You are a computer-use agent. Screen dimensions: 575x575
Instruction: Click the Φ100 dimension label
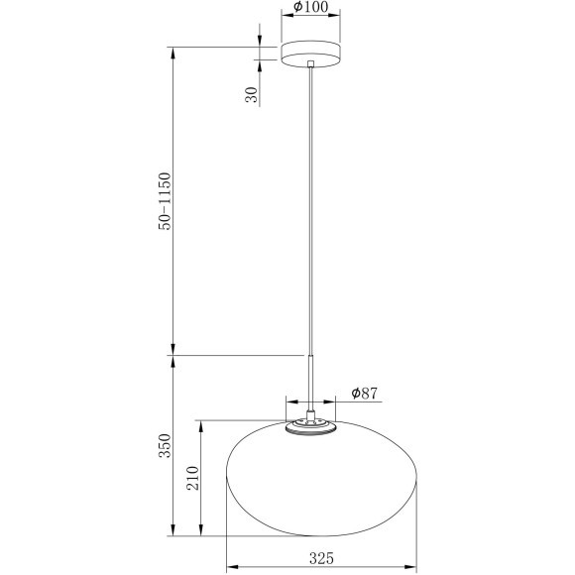311,7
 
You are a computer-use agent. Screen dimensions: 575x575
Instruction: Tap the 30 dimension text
252,95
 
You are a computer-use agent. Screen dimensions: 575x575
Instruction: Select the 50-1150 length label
165,201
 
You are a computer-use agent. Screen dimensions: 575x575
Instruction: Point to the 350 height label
165,445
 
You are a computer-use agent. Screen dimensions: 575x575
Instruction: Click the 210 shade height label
192,478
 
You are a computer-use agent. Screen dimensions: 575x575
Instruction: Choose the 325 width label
321,558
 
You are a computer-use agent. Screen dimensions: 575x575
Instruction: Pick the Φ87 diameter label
364,394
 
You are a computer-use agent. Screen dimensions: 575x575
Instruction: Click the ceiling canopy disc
310,54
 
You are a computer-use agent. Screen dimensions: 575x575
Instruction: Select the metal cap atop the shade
310,428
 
